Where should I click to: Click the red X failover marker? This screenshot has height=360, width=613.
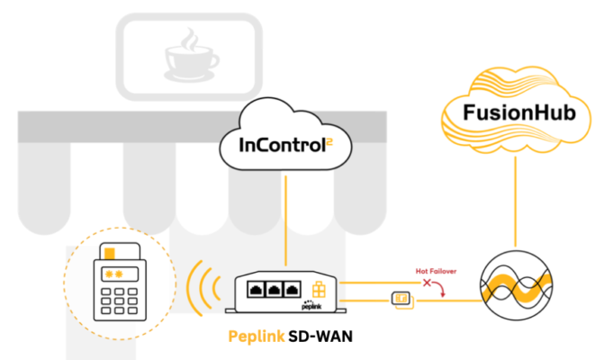tap(427, 283)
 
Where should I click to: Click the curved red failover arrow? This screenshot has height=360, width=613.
tap(440, 287)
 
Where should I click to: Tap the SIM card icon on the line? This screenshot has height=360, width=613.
tap(400, 298)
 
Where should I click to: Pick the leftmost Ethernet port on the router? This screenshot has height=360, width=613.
tap(253, 290)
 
